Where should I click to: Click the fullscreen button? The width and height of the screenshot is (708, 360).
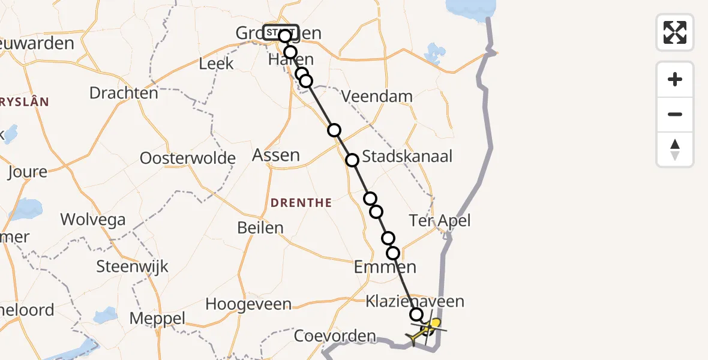(x=675, y=32)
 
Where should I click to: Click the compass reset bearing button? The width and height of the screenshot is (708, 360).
(x=675, y=149)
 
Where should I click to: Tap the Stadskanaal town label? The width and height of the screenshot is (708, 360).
(x=408, y=157)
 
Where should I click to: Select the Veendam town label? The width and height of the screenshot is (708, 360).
(x=377, y=96)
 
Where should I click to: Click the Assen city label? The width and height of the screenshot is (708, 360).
(x=276, y=155)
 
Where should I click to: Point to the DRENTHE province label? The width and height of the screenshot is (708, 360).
(x=301, y=203)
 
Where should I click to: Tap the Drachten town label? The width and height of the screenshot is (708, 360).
(x=124, y=93)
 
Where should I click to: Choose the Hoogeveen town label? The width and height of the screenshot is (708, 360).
(x=248, y=304)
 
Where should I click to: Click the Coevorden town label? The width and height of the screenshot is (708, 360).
(x=335, y=336)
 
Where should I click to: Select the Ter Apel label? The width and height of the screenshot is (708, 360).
(x=440, y=220)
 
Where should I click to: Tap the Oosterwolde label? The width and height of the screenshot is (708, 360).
(x=187, y=158)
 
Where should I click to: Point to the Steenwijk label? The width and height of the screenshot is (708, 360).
(x=133, y=266)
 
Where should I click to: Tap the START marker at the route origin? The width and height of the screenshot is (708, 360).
(x=281, y=32)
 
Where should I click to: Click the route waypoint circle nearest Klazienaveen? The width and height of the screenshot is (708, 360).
(x=416, y=314)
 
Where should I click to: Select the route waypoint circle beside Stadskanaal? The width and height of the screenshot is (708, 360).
(x=352, y=160)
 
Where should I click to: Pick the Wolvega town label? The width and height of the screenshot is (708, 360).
(x=93, y=219)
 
